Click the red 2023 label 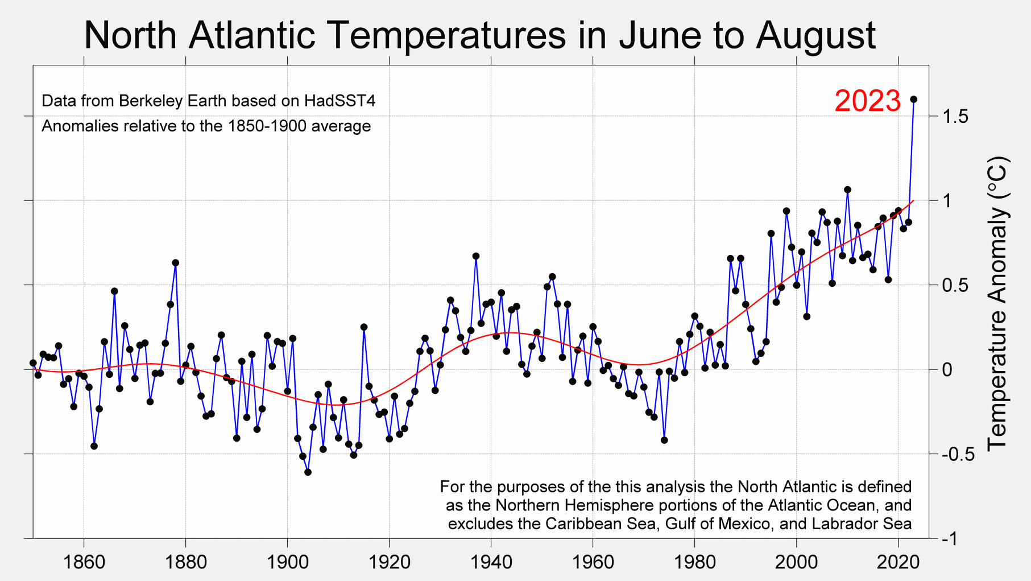click(867, 101)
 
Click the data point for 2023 click(914, 100)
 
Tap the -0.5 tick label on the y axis click(958, 454)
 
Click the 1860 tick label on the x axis click(84, 562)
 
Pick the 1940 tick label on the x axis click(491, 562)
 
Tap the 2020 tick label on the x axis click(898, 562)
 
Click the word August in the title click(815, 35)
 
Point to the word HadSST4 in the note click(339, 101)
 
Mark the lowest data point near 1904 click(308, 472)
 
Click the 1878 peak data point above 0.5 click(176, 263)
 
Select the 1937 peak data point click(476, 256)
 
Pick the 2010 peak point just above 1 click(847, 189)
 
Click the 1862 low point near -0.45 click(94, 446)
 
